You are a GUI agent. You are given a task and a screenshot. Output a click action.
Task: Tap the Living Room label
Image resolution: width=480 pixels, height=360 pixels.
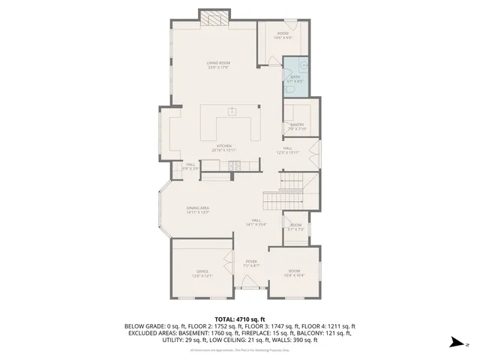click(218, 65)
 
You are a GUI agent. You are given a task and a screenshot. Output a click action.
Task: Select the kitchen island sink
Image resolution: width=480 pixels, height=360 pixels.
click(232, 112)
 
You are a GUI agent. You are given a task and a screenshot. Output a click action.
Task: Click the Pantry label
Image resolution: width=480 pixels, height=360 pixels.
click(297, 126)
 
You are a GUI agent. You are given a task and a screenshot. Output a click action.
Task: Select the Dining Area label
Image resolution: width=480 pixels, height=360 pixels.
click(198, 209)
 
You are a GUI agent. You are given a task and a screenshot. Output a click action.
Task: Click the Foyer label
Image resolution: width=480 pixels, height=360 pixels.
click(250, 263)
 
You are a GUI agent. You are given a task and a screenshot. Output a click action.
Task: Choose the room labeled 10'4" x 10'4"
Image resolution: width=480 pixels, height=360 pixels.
click(294, 273)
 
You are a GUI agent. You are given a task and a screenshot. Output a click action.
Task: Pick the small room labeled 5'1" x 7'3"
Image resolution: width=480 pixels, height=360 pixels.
click(296, 227)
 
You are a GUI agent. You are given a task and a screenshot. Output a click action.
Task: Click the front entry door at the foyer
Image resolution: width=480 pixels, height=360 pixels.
click(247, 288)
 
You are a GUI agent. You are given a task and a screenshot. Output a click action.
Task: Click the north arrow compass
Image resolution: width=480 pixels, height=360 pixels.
click(454, 343)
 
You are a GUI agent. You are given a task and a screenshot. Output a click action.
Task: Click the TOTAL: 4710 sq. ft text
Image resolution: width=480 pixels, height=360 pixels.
click(239, 319)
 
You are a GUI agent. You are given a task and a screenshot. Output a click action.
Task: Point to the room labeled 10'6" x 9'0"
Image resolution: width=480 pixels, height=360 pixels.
click(283, 35)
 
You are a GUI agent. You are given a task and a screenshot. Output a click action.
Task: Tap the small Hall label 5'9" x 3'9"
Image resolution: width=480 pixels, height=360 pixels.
click(190, 166)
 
